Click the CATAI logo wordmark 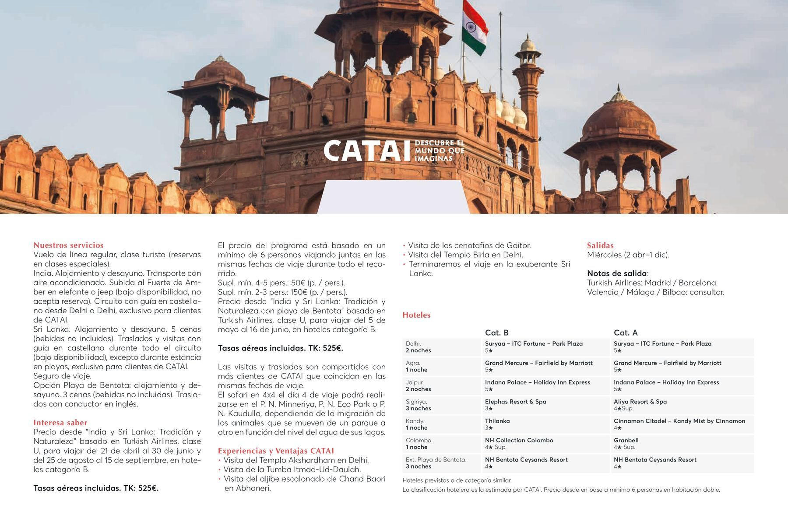pyautogui.click(x=363, y=151)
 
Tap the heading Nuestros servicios pyautogui.click(x=68, y=245)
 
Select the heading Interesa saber pyautogui.click(x=60, y=423)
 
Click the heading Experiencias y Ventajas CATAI pyautogui.click(x=276, y=451)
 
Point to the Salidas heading pyautogui.click(x=600, y=245)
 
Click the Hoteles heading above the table pyautogui.click(x=416, y=315)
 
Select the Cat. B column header pyautogui.click(x=496, y=332)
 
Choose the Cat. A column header pyautogui.click(x=626, y=332)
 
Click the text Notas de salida pyautogui.click(x=617, y=273)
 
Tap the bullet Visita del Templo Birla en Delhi pyautogui.click(x=465, y=255)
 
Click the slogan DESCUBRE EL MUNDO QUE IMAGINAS pyautogui.click(x=439, y=151)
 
